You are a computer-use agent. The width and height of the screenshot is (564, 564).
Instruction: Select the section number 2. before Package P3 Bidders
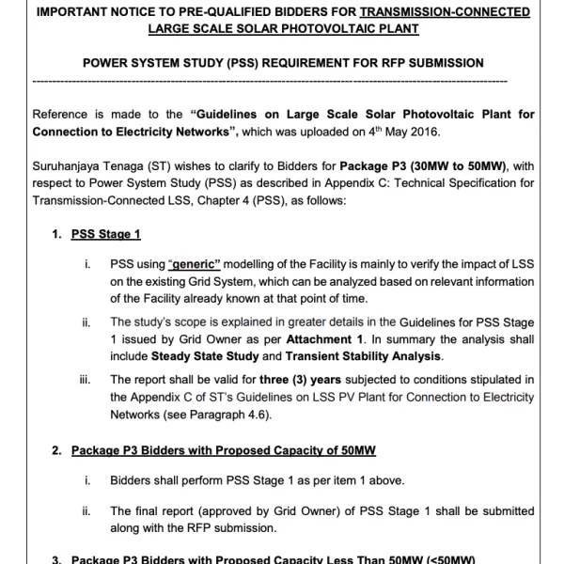(56, 451)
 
